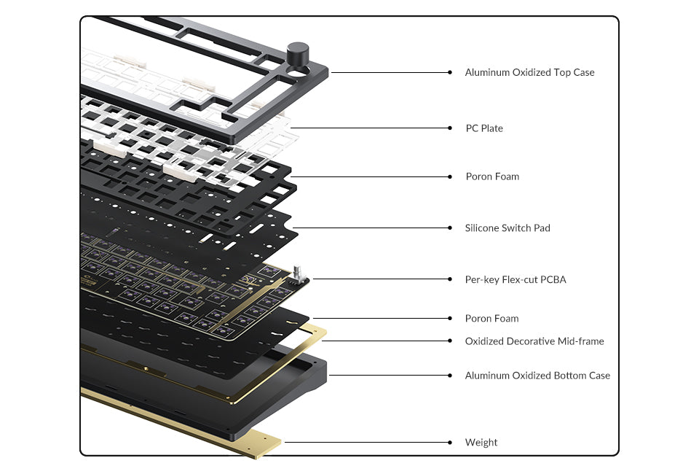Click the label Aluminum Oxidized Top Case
[x=529, y=72]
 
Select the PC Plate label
[x=484, y=128]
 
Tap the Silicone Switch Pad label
[x=508, y=228]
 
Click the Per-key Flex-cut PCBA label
[x=516, y=279]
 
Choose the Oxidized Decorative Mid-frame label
[x=534, y=341]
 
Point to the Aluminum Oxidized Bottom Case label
[x=537, y=376]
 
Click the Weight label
[x=481, y=443]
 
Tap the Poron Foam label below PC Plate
[x=492, y=176]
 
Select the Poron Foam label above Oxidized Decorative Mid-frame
[x=492, y=319]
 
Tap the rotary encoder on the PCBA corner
[x=298, y=276]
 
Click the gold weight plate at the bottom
[x=182, y=423]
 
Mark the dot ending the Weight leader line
[x=450, y=443]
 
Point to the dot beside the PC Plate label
[x=450, y=128]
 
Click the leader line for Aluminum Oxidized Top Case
[x=390, y=72]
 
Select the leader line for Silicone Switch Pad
[x=371, y=228]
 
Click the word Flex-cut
[x=520, y=279]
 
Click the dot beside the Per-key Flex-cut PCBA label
[x=450, y=279]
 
